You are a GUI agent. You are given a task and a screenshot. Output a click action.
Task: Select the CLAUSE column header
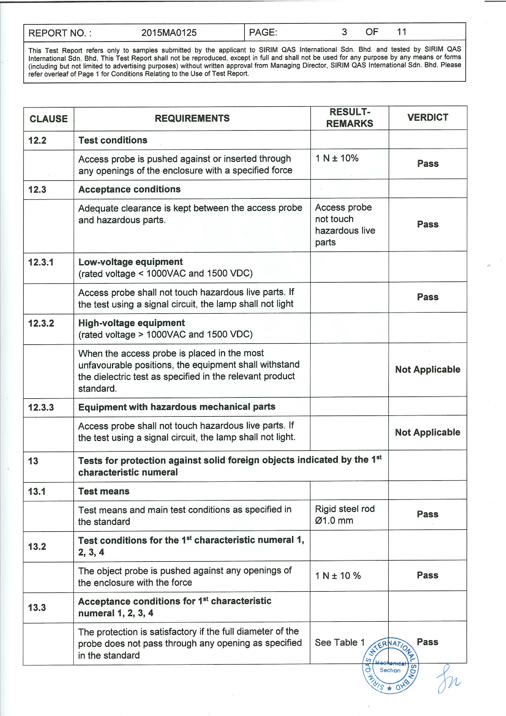pyautogui.click(x=49, y=119)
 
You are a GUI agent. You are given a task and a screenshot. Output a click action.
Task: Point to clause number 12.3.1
pyautogui.click(x=41, y=262)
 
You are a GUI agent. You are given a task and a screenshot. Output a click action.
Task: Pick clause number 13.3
pyautogui.click(x=37, y=607)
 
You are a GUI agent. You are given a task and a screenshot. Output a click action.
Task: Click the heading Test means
pyautogui.click(x=104, y=491)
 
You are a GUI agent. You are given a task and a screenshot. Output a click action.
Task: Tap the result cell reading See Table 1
pyautogui.click(x=339, y=642)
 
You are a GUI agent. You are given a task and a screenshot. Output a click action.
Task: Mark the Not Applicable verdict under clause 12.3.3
pyautogui.click(x=427, y=432)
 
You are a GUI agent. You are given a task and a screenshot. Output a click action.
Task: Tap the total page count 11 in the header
pyautogui.click(x=401, y=32)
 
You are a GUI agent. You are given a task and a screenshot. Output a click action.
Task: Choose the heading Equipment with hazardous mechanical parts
pyautogui.click(x=177, y=407)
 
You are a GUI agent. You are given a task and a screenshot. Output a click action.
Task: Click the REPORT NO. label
pyautogui.click(x=60, y=33)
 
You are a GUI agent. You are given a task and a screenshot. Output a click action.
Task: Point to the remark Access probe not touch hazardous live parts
pyautogui.click(x=345, y=225)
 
